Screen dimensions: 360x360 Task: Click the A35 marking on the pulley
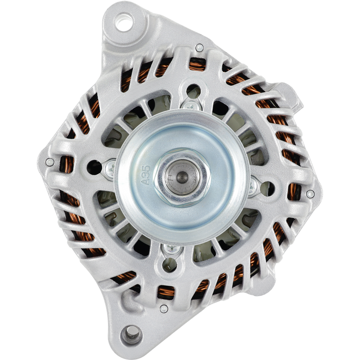[x=145, y=175]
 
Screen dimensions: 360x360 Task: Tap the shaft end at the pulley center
[x=183, y=177]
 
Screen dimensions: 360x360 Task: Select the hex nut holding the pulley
[x=183, y=177]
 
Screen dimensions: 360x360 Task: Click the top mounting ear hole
[x=124, y=22]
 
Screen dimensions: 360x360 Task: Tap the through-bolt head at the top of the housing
[x=199, y=48]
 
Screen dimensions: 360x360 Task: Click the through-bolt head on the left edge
[x=50, y=162]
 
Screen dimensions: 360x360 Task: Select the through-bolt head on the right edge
[x=310, y=194]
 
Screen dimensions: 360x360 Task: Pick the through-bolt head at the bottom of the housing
[x=164, y=309]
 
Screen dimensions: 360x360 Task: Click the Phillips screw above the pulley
[x=191, y=106]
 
